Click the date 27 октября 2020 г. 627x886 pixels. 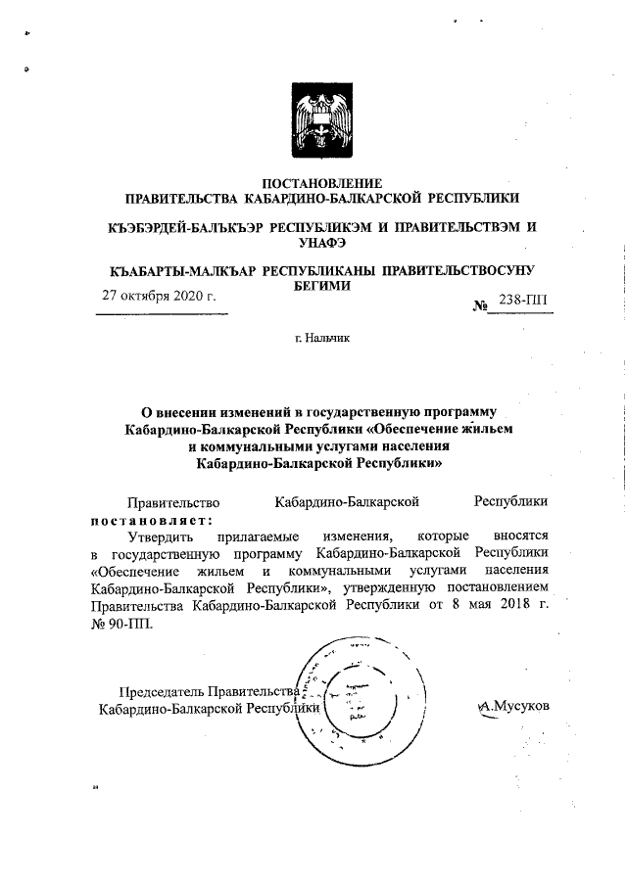[160, 295]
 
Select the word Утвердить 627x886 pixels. [163, 536]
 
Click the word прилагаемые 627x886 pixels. [263, 536]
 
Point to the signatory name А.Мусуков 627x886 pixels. [513, 706]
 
